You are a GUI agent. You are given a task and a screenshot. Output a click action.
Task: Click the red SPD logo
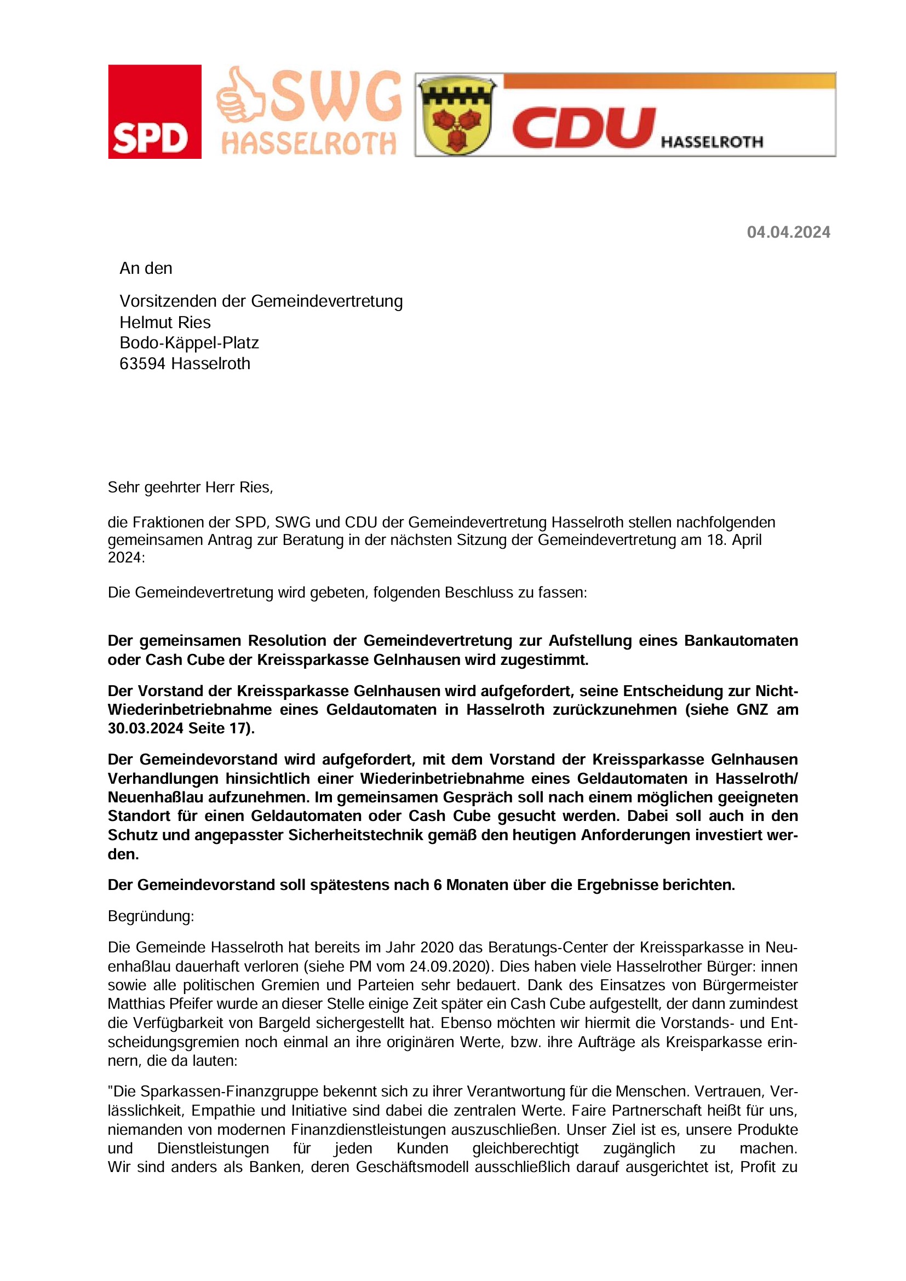[154, 112]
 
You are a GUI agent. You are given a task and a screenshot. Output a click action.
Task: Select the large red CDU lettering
[583, 128]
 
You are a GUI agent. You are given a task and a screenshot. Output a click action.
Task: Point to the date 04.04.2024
[788, 232]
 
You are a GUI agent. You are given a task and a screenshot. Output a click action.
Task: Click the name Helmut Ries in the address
[165, 323]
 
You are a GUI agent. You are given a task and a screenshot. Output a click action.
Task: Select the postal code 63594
[143, 364]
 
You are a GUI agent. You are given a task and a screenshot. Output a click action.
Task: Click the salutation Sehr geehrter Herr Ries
[190, 487]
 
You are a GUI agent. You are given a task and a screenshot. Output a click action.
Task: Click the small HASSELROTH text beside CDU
[712, 142]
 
